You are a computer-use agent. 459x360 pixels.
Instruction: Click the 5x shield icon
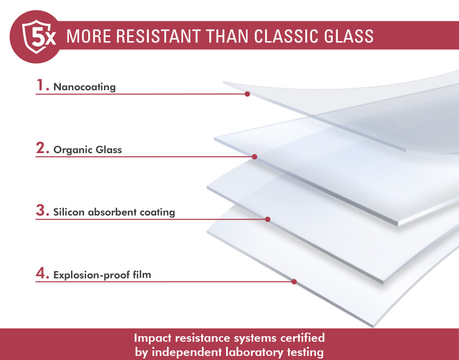pyautogui.click(x=39, y=37)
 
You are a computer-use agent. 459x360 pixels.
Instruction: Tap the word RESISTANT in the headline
pyautogui.click(x=158, y=37)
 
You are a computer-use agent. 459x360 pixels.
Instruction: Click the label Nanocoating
pyautogui.click(x=85, y=87)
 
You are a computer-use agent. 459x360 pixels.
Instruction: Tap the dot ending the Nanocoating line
pyautogui.click(x=248, y=94)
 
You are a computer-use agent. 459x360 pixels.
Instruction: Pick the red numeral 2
pyautogui.click(x=41, y=148)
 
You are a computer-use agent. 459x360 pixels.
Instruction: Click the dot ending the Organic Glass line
pyautogui.click(x=255, y=157)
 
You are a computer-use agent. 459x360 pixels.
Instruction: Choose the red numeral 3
pyautogui.click(x=41, y=210)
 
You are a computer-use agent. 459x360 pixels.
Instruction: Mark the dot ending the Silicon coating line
pyautogui.click(x=268, y=219)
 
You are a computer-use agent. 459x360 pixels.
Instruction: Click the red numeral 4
pyautogui.click(x=41, y=273)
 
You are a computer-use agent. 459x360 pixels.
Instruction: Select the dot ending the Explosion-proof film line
pyautogui.click(x=294, y=282)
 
